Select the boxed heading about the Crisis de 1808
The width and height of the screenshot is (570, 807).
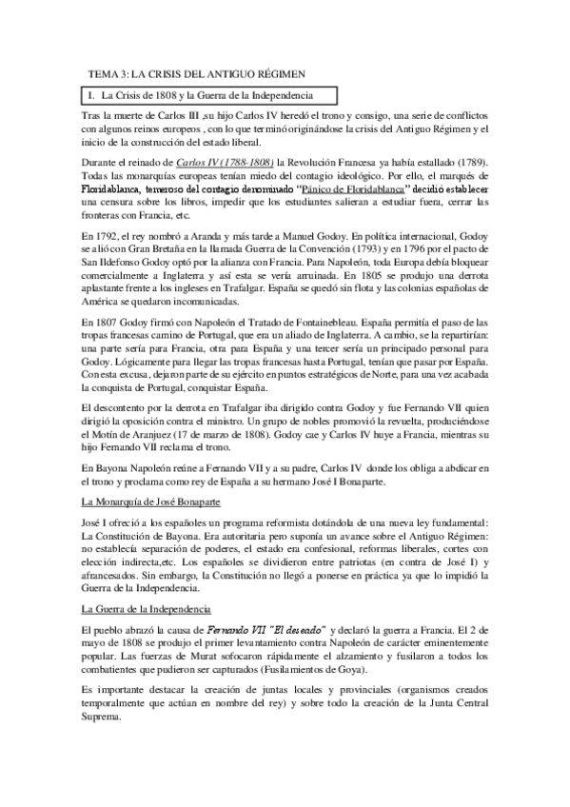[x=211, y=95]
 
